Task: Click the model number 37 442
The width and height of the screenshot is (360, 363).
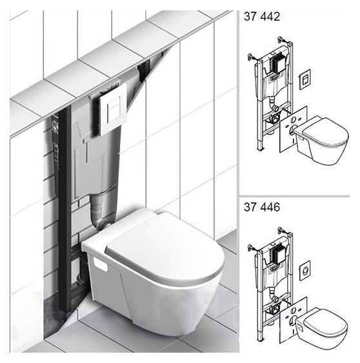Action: tap(262, 17)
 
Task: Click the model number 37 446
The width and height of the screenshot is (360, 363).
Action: tap(262, 207)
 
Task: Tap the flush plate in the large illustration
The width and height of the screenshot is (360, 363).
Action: tap(113, 110)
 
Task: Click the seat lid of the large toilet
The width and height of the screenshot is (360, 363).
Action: tap(165, 246)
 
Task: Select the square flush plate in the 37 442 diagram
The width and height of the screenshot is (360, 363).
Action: tap(305, 79)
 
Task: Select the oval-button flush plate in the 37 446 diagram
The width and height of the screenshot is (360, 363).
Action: tap(305, 270)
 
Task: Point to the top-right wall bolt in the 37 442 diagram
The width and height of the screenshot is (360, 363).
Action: tap(282, 40)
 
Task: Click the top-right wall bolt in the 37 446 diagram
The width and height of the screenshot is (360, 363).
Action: tap(282, 231)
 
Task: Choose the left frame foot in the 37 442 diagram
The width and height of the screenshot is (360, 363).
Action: tap(261, 146)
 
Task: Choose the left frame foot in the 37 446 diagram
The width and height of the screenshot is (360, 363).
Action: tap(261, 336)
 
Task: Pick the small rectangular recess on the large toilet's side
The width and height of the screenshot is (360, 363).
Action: tap(100, 264)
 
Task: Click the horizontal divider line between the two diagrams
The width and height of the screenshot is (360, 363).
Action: tap(294, 196)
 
